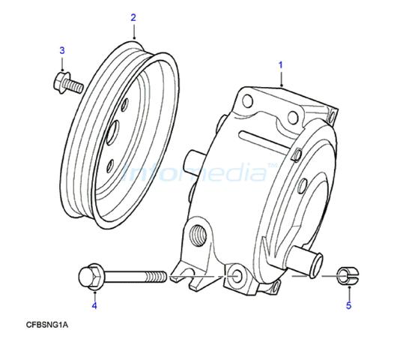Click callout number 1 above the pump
pyautogui.click(x=280, y=65)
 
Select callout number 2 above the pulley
pyautogui.click(x=133, y=18)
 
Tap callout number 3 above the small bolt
pyautogui.click(x=62, y=50)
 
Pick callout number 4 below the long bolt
pyautogui.click(x=94, y=305)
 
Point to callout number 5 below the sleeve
pyautogui.click(x=348, y=305)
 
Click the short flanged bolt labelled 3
pyautogui.click(x=68, y=82)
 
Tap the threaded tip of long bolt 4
pyautogui.click(x=160, y=277)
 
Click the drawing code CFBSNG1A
pyautogui.click(x=47, y=325)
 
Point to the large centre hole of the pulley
pyautogui.click(x=112, y=132)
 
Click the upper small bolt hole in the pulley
pyautogui.click(x=125, y=104)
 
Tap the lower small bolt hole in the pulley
pyautogui.click(x=110, y=166)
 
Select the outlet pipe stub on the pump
pyautogui.click(x=306, y=261)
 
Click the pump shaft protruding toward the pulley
pyautogui.click(x=194, y=161)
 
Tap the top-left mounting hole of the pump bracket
pyautogui.click(x=247, y=101)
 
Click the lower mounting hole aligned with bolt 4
pyautogui.click(x=236, y=276)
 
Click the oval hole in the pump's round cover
pyautogui.click(x=303, y=186)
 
